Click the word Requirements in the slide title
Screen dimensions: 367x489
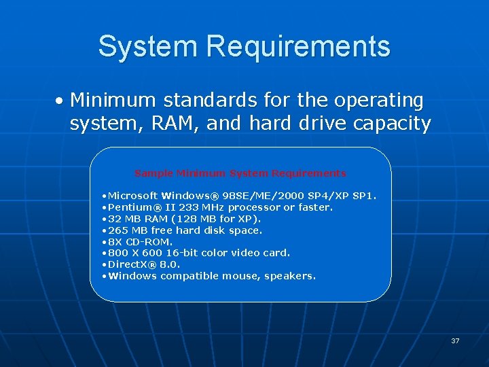coord(298,46)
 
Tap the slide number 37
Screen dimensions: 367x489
coord(455,340)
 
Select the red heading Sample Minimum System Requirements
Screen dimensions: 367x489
coord(240,173)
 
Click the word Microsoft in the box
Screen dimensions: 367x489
coord(133,196)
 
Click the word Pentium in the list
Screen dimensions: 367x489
coord(130,207)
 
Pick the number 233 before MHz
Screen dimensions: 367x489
coord(187,207)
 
